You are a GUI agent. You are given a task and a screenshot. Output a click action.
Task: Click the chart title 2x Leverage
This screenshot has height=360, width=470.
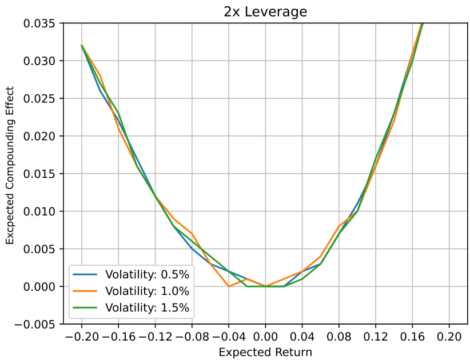click(265, 11)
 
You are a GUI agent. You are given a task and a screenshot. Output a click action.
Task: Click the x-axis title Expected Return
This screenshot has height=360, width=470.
click(265, 352)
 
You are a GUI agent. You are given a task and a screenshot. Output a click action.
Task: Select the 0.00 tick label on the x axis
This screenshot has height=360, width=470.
click(265, 337)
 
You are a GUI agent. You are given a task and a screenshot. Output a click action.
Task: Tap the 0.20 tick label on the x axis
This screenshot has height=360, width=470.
click(450, 337)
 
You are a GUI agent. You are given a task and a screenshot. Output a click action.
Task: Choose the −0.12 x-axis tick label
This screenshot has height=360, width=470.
click(154, 337)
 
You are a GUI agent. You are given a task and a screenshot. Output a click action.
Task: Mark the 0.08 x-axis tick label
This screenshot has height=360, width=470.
click(339, 337)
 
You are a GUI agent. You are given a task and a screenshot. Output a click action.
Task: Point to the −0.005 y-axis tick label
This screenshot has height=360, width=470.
click(37, 325)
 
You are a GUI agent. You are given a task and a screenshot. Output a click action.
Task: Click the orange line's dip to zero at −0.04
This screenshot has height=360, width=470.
click(229, 286)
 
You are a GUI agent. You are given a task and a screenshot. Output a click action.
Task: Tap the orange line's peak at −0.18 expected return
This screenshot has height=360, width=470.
click(100, 75)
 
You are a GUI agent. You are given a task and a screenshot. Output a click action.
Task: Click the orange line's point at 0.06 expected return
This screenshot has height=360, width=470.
click(321, 257)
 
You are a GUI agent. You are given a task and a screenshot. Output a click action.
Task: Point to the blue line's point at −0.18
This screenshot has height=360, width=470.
click(100, 90)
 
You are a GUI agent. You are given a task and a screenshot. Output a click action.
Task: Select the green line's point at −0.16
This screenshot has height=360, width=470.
click(118, 113)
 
